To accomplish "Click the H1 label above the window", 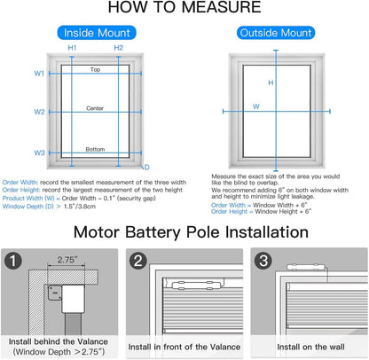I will click(x=73, y=48).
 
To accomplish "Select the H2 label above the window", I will click(x=118, y=48).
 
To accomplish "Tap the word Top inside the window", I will click(x=95, y=69).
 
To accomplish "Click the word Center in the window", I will click(x=95, y=107).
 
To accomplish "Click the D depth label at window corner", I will click(x=146, y=166).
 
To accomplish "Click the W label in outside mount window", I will click(x=256, y=106).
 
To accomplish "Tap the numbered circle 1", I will click(x=12, y=263).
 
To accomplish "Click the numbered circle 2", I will click(x=138, y=263).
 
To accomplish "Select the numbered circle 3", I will click(x=263, y=263).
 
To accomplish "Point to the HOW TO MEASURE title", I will click(x=184, y=10).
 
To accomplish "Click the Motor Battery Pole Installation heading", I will click(x=184, y=233).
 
